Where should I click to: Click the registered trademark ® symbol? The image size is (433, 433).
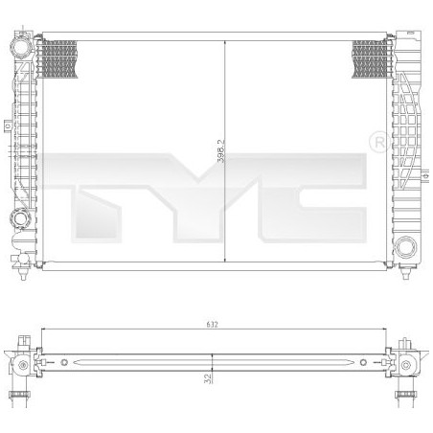(378, 142)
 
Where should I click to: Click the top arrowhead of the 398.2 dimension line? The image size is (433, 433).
(224, 44)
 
